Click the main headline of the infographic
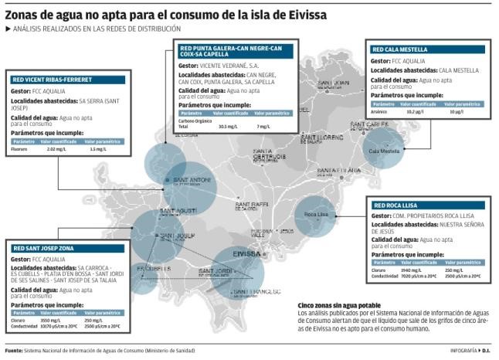[x=166, y=15]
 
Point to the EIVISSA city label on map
[x=246, y=253]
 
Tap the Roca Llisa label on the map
[x=317, y=213]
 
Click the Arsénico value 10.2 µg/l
[x=416, y=110]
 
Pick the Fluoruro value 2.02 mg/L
[x=56, y=149]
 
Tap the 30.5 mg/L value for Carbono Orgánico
[x=227, y=125]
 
